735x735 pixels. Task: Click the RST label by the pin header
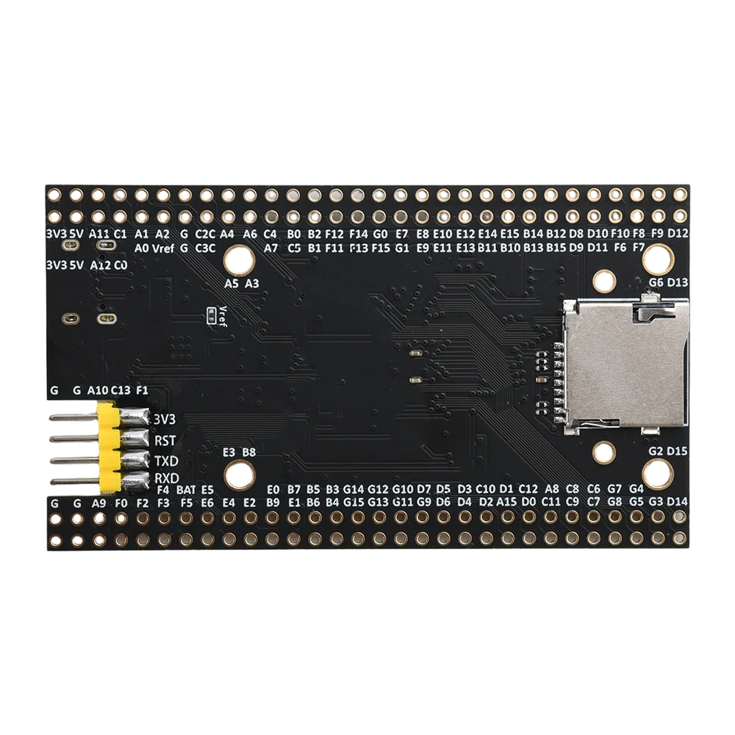(x=165, y=441)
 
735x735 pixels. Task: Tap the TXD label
(x=166, y=462)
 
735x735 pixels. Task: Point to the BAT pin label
(x=185, y=490)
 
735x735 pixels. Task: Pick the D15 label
(x=678, y=451)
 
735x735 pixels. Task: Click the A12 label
(x=100, y=265)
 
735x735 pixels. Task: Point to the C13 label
(x=121, y=390)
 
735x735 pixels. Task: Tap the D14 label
(x=678, y=502)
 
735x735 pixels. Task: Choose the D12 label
(x=678, y=234)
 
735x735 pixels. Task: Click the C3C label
(x=206, y=248)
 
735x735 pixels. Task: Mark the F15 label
(x=381, y=248)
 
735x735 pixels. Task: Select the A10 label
(x=98, y=390)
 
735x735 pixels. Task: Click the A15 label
(x=507, y=502)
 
